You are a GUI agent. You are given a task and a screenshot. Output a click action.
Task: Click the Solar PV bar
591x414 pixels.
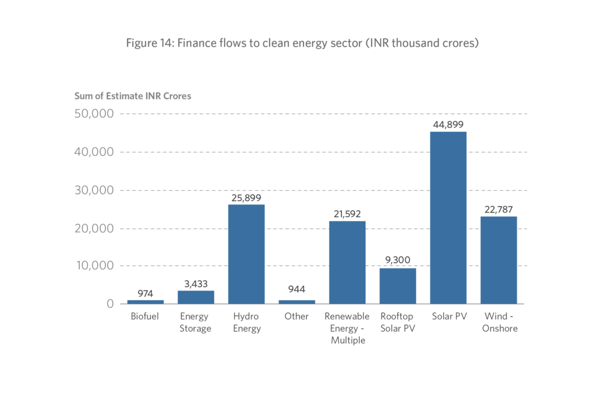point(448,218)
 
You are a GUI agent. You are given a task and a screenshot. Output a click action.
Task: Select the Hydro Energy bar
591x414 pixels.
point(246,254)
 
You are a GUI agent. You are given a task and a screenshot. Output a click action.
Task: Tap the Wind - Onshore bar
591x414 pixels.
point(499,260)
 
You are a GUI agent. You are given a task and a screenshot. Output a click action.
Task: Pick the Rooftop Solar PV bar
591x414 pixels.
point(398,286)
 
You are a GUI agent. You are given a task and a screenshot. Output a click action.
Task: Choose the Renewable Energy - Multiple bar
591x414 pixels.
point(347,262)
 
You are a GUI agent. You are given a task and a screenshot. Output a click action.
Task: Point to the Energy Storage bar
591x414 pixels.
point(196,297)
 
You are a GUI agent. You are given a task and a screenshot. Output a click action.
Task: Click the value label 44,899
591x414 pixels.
point(448,124)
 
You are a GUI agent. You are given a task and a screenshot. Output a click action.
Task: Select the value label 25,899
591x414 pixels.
point(246,197)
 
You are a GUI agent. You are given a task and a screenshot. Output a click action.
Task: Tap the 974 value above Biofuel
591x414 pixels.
point(145,293)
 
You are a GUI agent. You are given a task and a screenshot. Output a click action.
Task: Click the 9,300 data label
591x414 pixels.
point(398,260)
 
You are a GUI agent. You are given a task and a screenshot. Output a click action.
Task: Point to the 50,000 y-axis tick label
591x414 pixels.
point(93,114)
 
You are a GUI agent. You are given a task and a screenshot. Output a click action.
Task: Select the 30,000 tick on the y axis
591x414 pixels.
point(93,190)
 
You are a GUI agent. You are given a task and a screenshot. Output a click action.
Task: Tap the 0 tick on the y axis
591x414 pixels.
point(109,304)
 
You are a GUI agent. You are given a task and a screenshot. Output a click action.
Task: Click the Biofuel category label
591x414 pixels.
point(145,316)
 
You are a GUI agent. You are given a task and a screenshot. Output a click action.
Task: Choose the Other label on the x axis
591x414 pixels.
point(297,316)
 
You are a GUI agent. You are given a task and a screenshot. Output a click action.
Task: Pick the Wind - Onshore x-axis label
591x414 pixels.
point(499,322)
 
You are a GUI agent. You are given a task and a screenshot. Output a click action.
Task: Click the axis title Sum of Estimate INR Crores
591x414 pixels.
point(133,96)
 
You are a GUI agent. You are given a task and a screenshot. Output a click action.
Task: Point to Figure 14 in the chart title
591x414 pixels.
point(151,44)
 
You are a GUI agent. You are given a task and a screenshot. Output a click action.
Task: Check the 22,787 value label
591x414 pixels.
point(499,209)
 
